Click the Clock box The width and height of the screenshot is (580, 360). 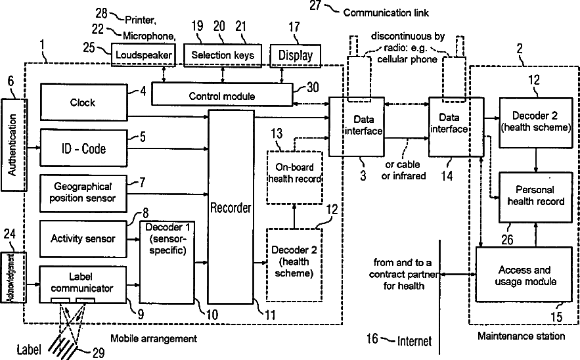[83, 102]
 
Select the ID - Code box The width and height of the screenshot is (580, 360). [83, 148]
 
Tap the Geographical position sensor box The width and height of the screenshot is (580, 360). [83, 193]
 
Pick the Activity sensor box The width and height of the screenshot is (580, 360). [83, 238]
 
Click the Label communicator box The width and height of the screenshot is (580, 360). [83, 284]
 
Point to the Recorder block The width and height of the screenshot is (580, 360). [231, 207]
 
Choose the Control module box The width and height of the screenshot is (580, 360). [222, 95]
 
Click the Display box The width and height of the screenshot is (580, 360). [295, 55]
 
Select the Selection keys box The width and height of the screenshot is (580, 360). [223, 55]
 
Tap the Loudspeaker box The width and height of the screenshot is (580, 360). [143, 55]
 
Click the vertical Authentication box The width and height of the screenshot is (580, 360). [14, 145]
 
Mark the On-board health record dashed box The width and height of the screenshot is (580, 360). [294, 177]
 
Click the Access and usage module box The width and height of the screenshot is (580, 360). [525, 275]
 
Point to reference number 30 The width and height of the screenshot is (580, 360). [313, 87]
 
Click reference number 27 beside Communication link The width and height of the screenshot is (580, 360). [315, 5]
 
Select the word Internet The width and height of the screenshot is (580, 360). [414, 341]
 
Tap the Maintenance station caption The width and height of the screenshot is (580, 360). [521, 336]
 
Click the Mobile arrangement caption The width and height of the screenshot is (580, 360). [154, 338]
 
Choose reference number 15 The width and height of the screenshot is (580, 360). [556, 317]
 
